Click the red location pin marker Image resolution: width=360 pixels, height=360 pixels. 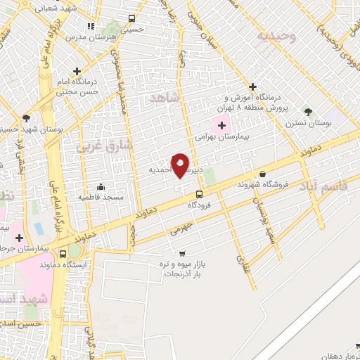(x=180, y=165)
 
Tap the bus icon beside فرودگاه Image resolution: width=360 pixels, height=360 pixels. (x=200, y=194)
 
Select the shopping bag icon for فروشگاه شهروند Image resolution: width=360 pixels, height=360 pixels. (x=263, y=174)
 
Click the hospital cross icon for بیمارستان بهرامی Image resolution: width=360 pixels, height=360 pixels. (x=222, y=126)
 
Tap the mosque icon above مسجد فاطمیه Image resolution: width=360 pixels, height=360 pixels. (x=101, y=186)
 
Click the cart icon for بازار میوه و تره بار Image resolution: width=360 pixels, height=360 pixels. (x=183, y=253)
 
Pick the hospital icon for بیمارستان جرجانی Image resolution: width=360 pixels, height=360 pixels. (x=19, y=237)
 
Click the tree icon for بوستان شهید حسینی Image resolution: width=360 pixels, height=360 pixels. (x=26, y=118)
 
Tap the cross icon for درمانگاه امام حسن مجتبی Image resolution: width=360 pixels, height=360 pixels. (x=76, y=71)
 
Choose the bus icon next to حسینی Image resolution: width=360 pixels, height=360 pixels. (x=131, y=19)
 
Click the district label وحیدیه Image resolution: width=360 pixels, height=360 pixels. (x=276, y=35)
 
